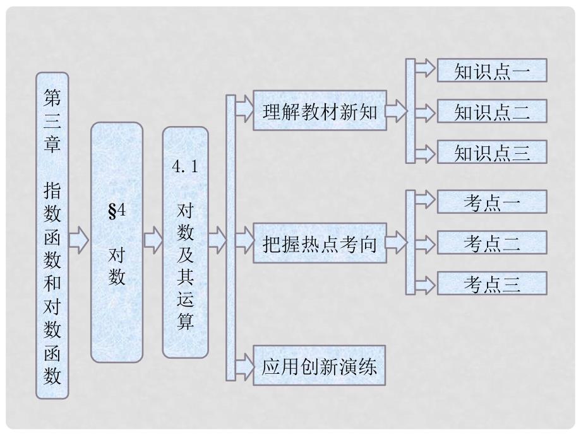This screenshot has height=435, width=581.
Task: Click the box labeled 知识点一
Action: [x=491, y=71]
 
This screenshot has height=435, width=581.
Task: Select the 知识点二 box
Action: [x=491, y=112]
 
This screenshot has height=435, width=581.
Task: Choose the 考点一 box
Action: [x=491, y=202]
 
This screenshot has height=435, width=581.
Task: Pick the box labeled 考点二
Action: [x=491, y=243]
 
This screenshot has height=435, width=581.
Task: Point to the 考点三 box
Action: [x=491, y=284]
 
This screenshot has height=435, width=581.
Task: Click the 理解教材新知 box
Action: [x=320, y=110]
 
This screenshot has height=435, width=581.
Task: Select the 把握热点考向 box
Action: [x=320, y=243]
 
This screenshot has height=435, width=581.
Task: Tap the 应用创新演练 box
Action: [x=320, y=365]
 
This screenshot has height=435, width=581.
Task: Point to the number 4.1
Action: [x=185, y=167]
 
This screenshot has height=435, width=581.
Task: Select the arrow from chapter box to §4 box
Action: [x=79, y=240]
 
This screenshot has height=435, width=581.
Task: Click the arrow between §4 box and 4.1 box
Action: [x=152, y=240]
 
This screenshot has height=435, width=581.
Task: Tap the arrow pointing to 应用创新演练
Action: [x=244, y=365]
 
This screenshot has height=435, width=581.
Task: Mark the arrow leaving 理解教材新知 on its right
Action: [x=396, y=111]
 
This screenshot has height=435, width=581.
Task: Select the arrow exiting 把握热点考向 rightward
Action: [x=396, y=243]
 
